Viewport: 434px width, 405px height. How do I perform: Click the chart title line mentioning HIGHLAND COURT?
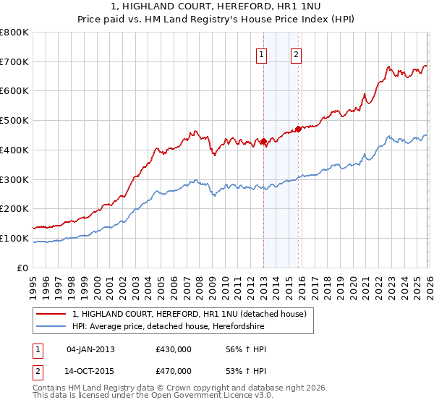click(217, 7)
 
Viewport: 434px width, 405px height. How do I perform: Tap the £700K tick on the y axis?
click(14, 61)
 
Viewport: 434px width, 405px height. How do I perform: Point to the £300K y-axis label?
click(14, 179)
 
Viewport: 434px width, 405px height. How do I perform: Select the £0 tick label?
click(24, 268)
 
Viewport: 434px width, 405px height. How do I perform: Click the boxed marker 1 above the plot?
click(261, 53)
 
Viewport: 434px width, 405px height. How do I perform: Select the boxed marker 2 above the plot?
click(297, 53)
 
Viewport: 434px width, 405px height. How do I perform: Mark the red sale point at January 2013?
click(263, 141)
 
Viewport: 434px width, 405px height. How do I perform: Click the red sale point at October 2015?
click(298, 129)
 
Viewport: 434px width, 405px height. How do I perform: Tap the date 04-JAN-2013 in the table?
click(90, 349)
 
